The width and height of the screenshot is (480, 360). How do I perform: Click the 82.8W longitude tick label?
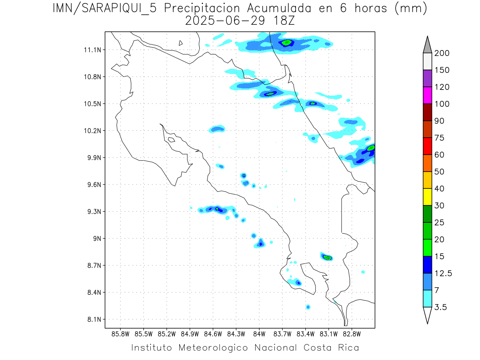pyautogui.click(x=352, y=334)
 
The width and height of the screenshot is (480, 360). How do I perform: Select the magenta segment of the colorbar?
pyautogui.click(x=427, y=95)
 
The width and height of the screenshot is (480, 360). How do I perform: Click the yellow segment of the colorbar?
pyautogui.click(x=427, y=197)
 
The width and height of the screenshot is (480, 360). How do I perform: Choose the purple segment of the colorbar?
pyautogui.click(x=427, y=78)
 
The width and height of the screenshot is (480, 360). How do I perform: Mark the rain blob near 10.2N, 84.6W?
pyautogui.click(x=217, y=129)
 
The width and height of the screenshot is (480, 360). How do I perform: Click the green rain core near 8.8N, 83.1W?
pyautogui.click(x=328, y=257)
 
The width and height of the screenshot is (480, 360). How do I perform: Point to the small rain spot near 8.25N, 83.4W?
pyautogui.click(x=308, y=307)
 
